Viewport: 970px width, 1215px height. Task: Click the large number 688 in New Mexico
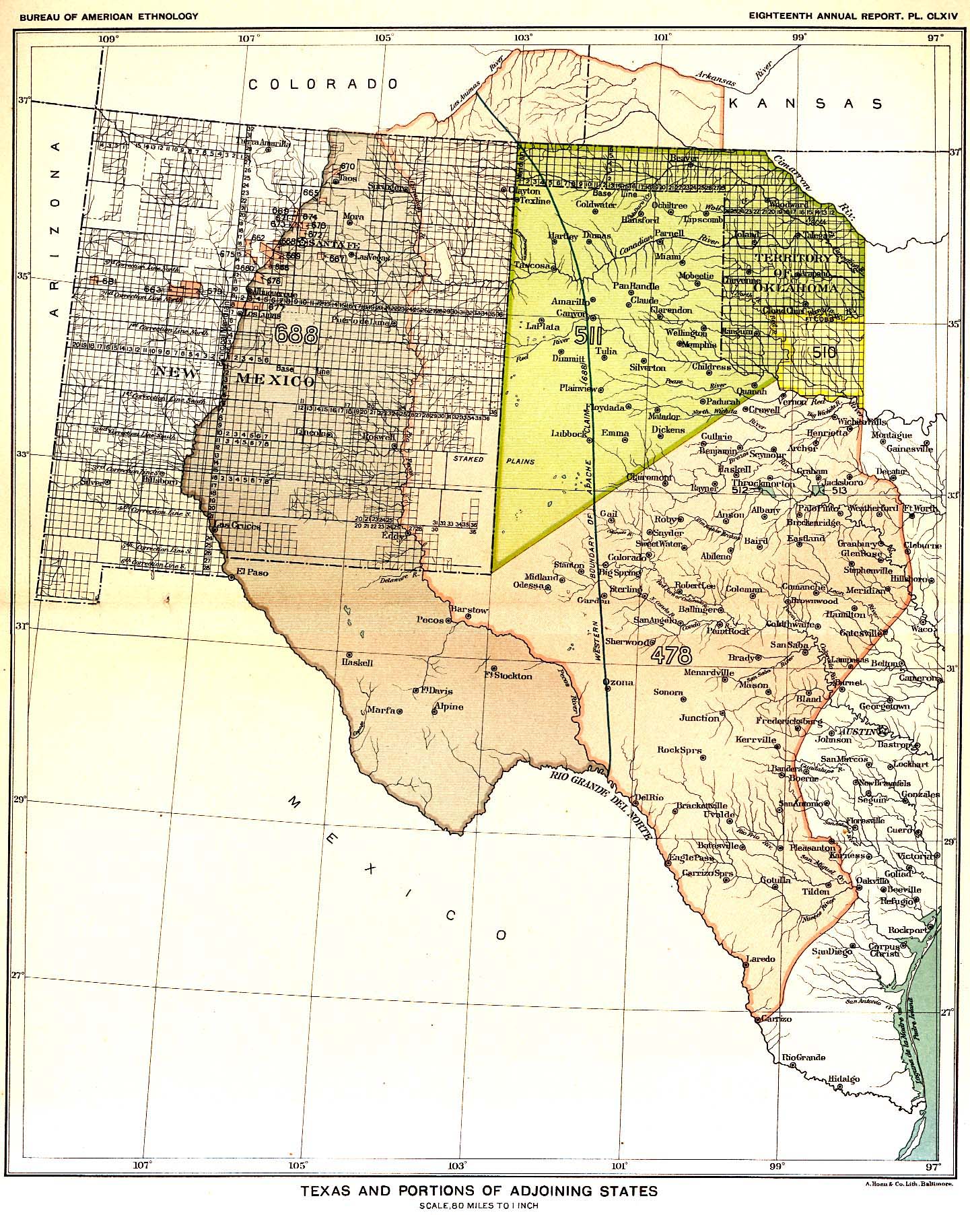[296, 335]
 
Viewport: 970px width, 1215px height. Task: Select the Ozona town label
[619, 683]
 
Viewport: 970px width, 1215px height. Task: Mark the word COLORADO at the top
[323, 84]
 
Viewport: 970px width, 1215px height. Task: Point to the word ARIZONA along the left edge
[57, 229]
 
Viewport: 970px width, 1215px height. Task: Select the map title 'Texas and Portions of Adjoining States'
[479, 1191]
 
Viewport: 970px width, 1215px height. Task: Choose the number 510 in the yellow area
[824, 351]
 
